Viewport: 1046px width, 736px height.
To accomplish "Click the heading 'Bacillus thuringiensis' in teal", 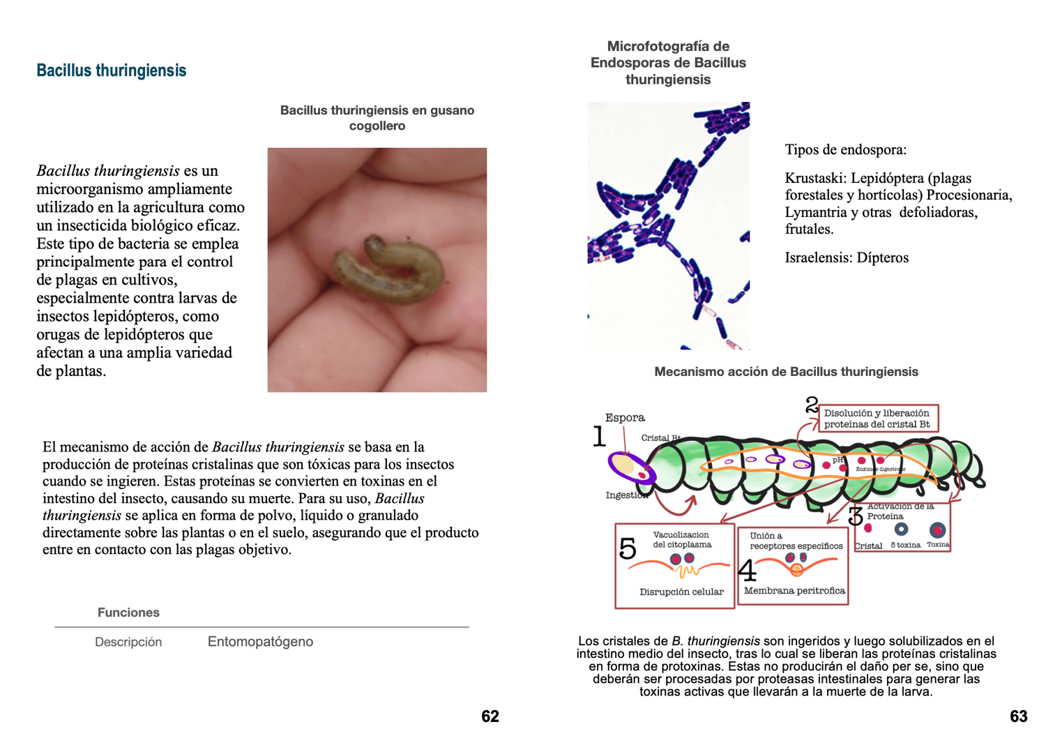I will click(111, 70).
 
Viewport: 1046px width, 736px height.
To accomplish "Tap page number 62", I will click(490, 716).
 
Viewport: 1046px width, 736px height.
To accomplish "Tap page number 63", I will click(1019, 716).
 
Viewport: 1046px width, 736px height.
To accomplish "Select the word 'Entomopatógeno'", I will click(260, 642).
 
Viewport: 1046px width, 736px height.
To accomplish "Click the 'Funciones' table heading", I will click(128, 613).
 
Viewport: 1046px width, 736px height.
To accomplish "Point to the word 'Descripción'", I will click(128, 642).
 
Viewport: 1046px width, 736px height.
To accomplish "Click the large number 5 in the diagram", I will click(628, 549).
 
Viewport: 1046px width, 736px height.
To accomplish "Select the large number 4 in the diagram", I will click(747, 571).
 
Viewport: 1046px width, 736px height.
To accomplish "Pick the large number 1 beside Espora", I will click(599, 437).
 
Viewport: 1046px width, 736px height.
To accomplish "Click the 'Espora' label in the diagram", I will click(625, 418).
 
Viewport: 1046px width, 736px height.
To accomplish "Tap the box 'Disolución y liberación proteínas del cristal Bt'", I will click(877, 419).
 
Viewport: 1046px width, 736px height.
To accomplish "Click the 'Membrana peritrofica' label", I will click(794, 591).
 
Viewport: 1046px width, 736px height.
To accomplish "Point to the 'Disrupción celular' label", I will click(681, 592).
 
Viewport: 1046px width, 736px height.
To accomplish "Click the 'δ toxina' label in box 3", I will click(905, 545).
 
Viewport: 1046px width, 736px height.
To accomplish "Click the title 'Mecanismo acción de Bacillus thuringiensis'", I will click(786, 372).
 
